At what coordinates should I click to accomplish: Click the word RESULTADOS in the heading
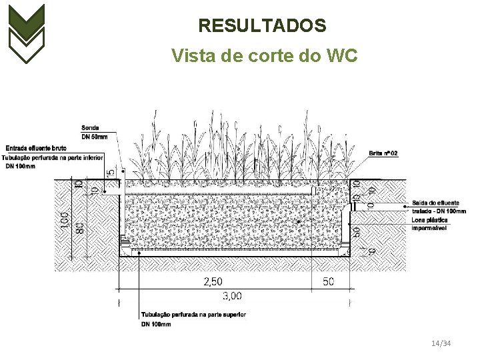[x=262, y=26]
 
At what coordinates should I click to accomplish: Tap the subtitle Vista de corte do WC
[x=264, y=55]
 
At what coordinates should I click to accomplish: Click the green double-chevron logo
[x=26, y=33]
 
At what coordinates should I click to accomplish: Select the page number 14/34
[x=441, y=343]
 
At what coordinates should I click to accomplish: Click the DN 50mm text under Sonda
[x=94, y=137]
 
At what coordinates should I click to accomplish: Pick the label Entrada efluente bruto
[x=36, y=147]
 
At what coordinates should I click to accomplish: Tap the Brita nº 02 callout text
[x=383, y=153]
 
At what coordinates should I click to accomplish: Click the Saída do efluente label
[x=435, y=203]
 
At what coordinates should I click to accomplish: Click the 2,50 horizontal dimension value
[x=213, y=282]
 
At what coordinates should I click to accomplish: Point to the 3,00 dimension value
[x=232, y=296]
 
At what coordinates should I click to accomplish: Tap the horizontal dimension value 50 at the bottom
[x=328, y=282]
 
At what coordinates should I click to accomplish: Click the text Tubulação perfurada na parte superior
[x=193, y=315]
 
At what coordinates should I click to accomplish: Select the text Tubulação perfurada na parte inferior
[x=53, y=157]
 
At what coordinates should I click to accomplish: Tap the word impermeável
[x=429, y=228]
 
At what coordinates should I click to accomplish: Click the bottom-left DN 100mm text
[x=156, y=324]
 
